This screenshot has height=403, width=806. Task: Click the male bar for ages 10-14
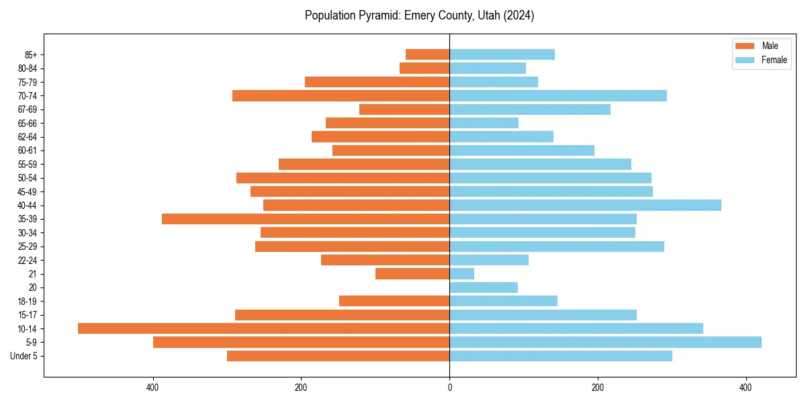click(x=263, y=328)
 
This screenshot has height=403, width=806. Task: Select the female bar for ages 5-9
click(x=605, y=342)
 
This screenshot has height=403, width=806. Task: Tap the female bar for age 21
click(x=461, y=273)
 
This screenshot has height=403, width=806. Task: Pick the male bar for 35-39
click(x=306, y=219)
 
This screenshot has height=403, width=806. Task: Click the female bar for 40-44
click(x=585, y=205)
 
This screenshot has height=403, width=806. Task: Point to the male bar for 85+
click(x=427, y=54)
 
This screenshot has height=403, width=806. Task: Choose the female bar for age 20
click(x=484, y=287)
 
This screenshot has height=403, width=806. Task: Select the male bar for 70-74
click(x=341, y=95)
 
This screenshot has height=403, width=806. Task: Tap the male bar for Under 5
click(x=338, y=356)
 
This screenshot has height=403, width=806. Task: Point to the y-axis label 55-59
click(x=27, y=164)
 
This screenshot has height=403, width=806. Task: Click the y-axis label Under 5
click(x=24, y=356)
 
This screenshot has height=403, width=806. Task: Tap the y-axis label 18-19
click(x=27, y=301)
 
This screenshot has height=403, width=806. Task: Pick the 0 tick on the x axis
click(x=449, y=388)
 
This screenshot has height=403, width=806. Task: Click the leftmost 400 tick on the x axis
click(x=153, y=388)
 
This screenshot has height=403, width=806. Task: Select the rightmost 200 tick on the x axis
click(x=597, y=388)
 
